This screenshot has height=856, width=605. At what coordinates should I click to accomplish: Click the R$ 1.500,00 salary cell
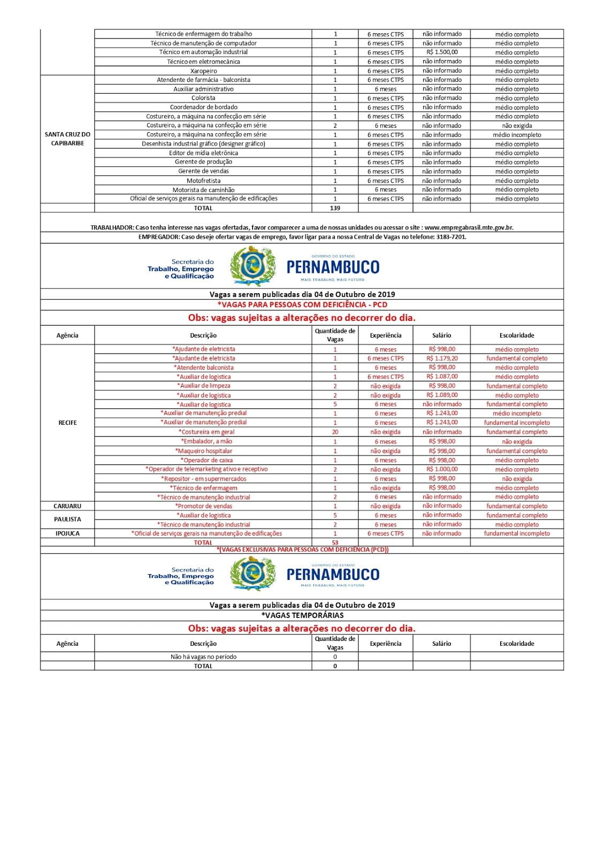[442, 52]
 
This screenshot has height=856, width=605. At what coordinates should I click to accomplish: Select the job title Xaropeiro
[203, 71]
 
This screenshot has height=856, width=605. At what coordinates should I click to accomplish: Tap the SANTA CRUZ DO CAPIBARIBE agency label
[67, 139]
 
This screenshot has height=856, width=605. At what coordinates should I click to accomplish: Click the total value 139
[335, 208]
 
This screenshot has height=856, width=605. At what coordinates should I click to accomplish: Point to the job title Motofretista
[203, 181]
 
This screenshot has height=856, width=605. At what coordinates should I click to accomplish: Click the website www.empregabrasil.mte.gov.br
[469, 227]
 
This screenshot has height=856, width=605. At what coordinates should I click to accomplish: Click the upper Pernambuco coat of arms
[252, 266]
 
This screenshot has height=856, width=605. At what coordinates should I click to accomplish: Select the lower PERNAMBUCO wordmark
[333, 575]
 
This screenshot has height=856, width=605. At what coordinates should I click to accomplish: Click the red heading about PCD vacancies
[302, 304]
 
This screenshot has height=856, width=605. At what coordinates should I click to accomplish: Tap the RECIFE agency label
[67, 423]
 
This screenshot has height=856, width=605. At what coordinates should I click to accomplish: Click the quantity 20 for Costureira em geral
[335, 432]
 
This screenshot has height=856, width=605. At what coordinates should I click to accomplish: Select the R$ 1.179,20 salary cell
[442, 358]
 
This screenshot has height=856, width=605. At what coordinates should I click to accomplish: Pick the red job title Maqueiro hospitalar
[203, 451]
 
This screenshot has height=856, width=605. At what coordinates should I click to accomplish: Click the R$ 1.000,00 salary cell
[442, 469]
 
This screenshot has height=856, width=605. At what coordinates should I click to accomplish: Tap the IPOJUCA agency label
[67, 533]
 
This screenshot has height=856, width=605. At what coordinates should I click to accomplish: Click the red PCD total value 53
[335, 542]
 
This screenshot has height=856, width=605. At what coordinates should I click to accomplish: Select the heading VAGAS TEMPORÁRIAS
[302, 615]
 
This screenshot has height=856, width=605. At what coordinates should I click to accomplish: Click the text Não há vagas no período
[203, 656]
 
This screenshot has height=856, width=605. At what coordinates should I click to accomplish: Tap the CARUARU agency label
[67, 506]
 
